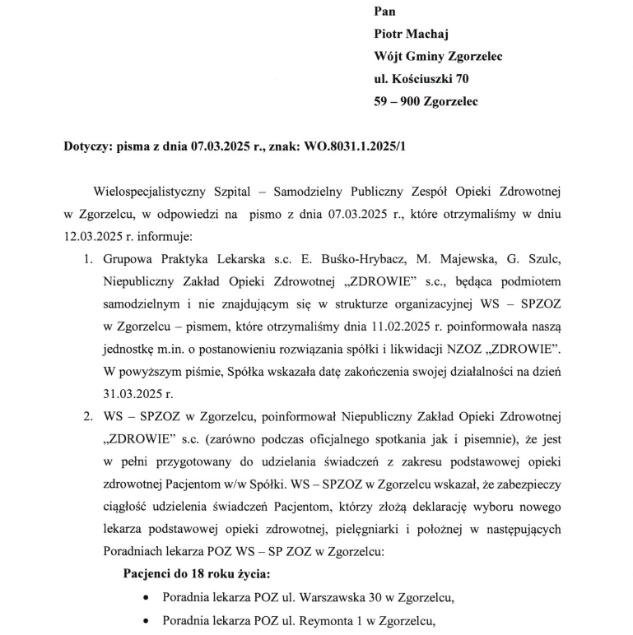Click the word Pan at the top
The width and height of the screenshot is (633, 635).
[x=384, y=12]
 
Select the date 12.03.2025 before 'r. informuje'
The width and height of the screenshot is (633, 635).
[x=93, y=238]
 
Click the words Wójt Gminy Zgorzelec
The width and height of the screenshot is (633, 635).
[x=438, y=57]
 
